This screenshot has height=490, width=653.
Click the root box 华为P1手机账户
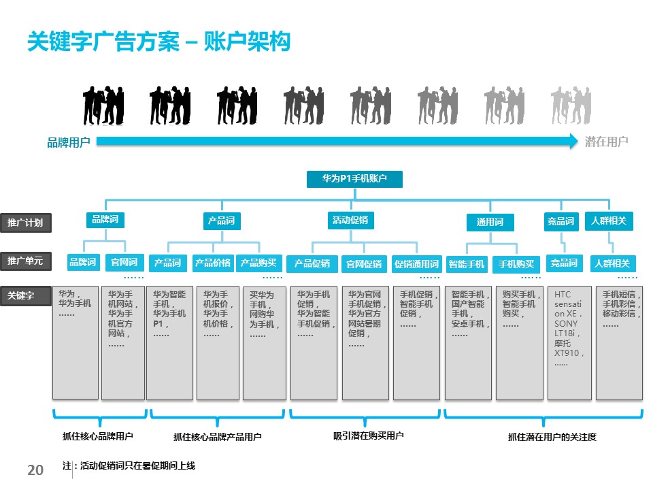[354, 179]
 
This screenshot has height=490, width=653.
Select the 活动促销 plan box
[352, 220]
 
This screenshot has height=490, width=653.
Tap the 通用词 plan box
[490, 223]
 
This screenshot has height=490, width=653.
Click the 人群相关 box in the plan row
[609, 220]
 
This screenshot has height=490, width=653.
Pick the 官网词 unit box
[124, 262]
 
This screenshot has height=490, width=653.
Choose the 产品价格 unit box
[213, 263]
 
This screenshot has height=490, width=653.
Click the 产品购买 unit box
[259, 263]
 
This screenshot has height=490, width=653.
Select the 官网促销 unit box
[364, 264]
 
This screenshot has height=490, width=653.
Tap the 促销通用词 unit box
[416, 264]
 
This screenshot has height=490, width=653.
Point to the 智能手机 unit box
[467, 264]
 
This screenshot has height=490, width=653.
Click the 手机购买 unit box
[516, 264]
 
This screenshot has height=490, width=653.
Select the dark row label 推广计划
[25, 223]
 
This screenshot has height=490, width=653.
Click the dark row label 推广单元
[25, 261]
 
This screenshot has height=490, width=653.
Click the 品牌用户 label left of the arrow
[69, 142]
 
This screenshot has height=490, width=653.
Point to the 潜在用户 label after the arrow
[606, 142]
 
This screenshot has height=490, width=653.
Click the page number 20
[35, 470]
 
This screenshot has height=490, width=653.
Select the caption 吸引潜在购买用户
[368, 436]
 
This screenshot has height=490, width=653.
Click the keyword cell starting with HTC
[569, 343]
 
